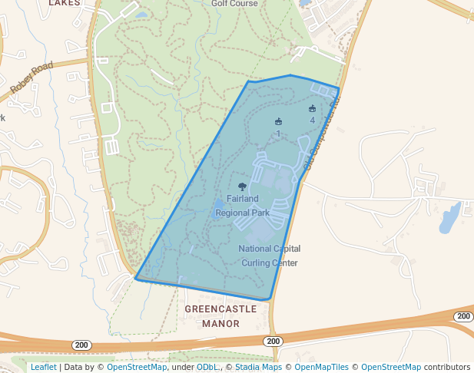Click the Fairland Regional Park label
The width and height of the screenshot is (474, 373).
(242, 206)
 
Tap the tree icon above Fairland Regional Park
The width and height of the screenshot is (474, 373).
(243, 186)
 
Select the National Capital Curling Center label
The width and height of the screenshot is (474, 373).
(269, 256)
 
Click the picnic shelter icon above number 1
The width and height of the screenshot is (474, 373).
(278, 121)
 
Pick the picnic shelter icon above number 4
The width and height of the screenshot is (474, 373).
(312, 108)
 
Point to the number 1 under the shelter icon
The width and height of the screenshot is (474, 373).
(278, 134)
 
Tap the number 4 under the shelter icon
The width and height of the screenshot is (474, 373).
(312, 120)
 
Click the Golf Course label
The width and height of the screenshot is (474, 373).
(234, 3)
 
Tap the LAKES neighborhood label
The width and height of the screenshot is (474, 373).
(64, 3)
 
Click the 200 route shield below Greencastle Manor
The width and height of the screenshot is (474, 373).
(272, 341)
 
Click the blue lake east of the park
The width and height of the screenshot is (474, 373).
(450, 217)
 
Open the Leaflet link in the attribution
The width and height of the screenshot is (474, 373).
(44, 368)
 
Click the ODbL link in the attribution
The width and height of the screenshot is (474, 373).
(207, 368)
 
